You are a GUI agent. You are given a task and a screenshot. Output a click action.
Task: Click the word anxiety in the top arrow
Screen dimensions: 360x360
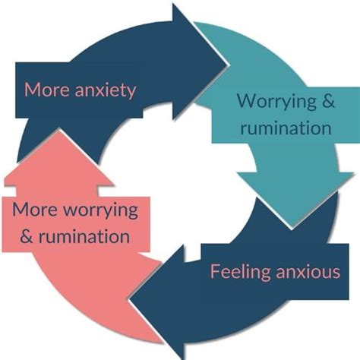[x=106, y=90]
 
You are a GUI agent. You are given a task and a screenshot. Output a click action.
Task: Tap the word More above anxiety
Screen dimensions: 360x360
[x=46, y=89]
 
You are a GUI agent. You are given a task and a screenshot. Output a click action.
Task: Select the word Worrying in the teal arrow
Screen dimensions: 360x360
[x=276, y=103]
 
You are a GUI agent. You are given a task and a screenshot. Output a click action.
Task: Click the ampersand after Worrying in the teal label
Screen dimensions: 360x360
[x=328, y=100]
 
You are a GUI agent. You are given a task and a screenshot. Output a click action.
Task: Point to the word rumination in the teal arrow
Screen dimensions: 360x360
[x=286, y=128]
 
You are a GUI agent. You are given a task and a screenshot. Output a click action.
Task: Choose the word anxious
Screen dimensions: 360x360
[x=308, y=272]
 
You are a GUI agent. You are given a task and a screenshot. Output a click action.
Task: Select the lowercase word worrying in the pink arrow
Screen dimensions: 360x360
[x=100, y=211]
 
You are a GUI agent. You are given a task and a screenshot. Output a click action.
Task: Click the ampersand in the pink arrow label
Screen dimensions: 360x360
[x=27, y=236]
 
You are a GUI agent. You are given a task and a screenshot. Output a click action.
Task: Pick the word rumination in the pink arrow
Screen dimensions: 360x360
[x=84, y=236]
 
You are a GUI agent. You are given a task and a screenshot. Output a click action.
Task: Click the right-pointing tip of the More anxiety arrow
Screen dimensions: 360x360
[x=226, y=63]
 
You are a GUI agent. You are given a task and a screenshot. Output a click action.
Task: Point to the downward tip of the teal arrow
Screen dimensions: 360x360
[x=292, y=226]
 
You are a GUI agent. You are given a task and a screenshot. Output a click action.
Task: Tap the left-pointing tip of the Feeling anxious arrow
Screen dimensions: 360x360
[x=130, y=299]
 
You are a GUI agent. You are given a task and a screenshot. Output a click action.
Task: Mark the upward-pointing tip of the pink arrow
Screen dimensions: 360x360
[x=60, y=130]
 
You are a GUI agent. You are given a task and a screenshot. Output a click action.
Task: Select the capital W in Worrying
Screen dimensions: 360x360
[x=248, y=100]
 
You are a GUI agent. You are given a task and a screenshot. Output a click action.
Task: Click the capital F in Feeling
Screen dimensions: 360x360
[x=215, y=272]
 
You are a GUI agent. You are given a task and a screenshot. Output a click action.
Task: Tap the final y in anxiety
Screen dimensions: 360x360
[x=131, y=93]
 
